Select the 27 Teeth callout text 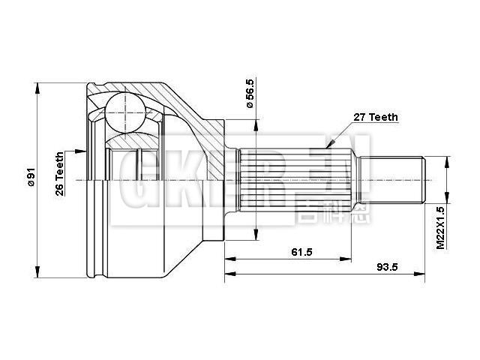pyautogui.click(x=374, y=117)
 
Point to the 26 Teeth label pyautogui.click(x=59, y=175)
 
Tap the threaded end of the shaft pyautogui.click(x=393, y=179)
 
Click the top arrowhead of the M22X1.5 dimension pyautogui.click(x=447, y=160)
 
